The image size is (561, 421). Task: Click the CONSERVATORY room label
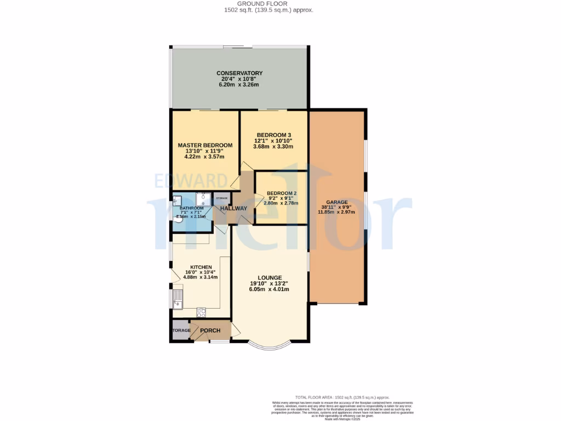(239, 73)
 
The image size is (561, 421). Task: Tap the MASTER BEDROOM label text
(205, 145)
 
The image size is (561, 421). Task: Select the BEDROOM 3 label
(273, 135)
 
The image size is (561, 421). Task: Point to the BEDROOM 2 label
(281, 194)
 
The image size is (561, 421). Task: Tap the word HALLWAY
(234, 208)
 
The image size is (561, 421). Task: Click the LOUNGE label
(268, 277)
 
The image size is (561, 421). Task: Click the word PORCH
(210, 331)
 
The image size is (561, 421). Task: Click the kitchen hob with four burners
(201, 312)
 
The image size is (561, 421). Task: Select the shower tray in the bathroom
(203, 198)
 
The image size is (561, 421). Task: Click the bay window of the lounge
(268, 344)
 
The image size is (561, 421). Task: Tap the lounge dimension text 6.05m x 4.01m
(268, 289)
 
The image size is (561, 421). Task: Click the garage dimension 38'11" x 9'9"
(337, 207)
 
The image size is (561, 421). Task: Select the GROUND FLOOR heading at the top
(268, 3)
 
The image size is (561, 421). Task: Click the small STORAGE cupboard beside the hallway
(221, 199)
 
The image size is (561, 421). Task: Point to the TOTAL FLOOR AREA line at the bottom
(342, 397)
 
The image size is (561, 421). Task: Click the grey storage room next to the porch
(180, 331)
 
